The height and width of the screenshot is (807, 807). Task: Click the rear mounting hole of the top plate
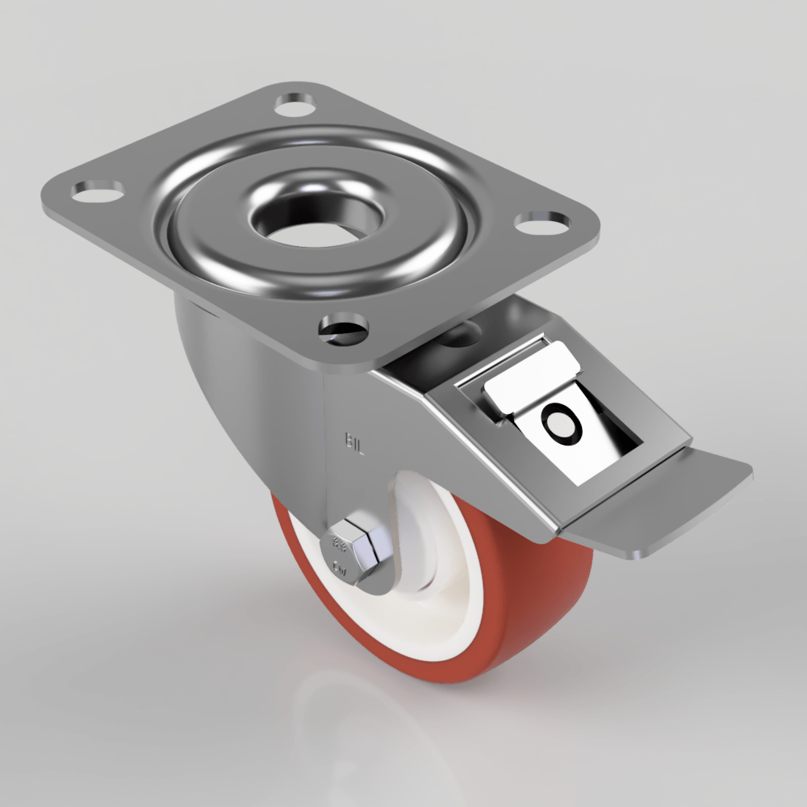coord(295,104)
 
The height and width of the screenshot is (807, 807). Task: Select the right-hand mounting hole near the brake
coord(541,223)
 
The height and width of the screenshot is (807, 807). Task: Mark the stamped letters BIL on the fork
coord(354,441)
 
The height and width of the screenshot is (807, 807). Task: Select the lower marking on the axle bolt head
coord(341,571)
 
